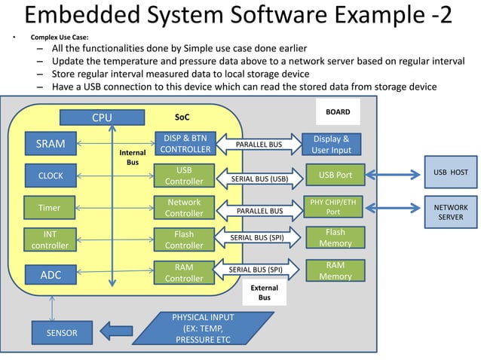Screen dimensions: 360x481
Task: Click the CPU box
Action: coord(102,117)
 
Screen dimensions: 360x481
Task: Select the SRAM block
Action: coord(51,144)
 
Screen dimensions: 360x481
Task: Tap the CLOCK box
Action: coord(51,175)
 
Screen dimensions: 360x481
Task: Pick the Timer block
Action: coord(51,207)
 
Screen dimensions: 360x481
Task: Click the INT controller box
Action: coord(51,239)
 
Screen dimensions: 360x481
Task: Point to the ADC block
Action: coord(51,275)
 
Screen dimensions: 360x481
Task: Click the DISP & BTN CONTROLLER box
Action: coord(185,143)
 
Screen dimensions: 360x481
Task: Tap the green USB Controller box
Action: coord(185,175)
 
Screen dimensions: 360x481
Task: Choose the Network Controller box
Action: coord(185,207)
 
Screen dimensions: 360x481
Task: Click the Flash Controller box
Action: coord(185,239)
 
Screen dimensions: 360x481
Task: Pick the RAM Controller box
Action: coord(185,272)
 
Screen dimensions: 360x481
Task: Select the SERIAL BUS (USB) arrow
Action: coord(259,179)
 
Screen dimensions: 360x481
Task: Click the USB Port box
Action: coord(335,175)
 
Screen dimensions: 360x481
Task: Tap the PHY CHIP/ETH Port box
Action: coord(335,206)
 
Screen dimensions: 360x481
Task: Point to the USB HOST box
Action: coord(450,172)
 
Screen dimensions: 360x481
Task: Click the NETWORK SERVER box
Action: coord(451,212)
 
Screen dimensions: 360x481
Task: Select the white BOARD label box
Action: coord(338,112)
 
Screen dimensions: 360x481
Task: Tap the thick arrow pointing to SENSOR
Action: coord(116,330)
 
